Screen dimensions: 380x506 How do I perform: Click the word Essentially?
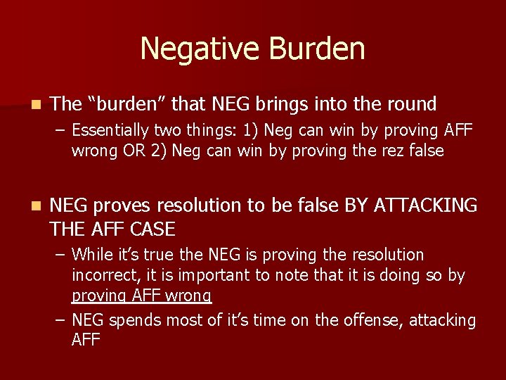[110, 130]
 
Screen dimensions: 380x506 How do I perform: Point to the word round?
[411, 104]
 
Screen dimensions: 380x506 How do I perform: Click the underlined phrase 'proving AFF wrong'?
[141, 296]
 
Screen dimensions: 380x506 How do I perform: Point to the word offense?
[368, 321]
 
